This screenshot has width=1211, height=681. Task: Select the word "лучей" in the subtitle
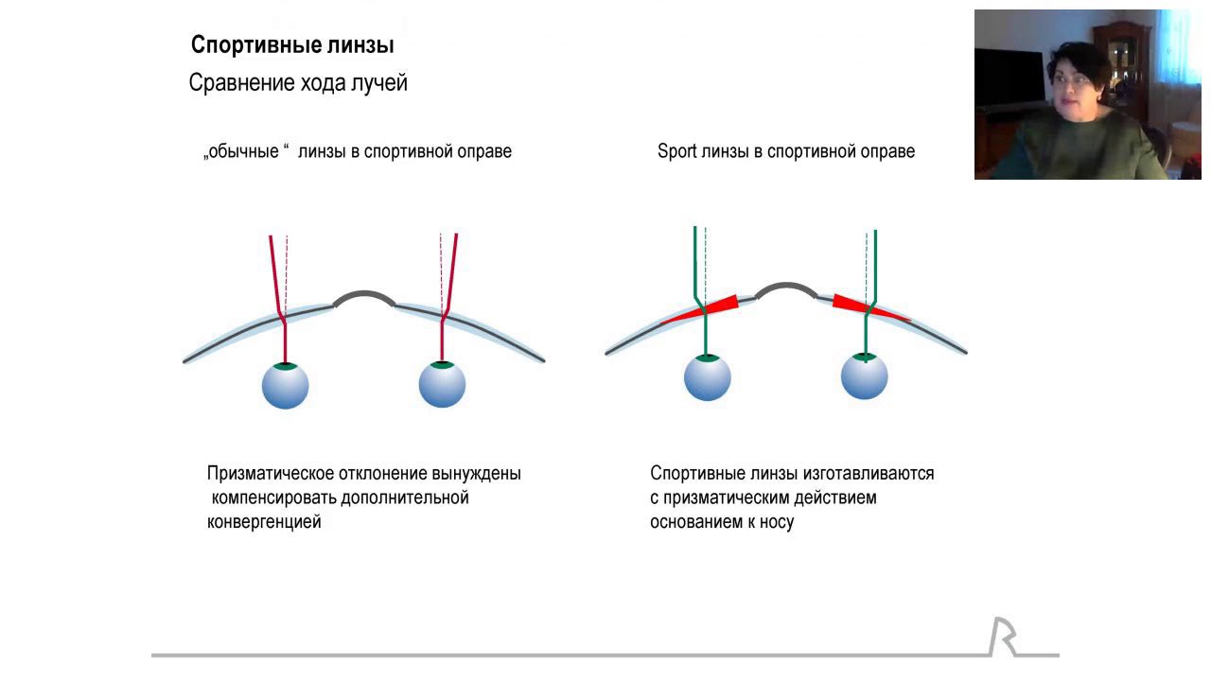point(378,83)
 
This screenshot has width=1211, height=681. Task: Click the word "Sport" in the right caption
point(677,151)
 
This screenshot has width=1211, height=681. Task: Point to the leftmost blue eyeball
point(285,385)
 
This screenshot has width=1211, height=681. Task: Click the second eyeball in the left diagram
point(442,384)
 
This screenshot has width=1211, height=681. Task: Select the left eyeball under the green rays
point(708,377)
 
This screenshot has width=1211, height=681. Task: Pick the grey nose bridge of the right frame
point(786,288)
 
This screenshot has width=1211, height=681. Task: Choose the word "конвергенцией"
point(264,522)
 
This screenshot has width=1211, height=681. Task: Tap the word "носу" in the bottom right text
point(775,522)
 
